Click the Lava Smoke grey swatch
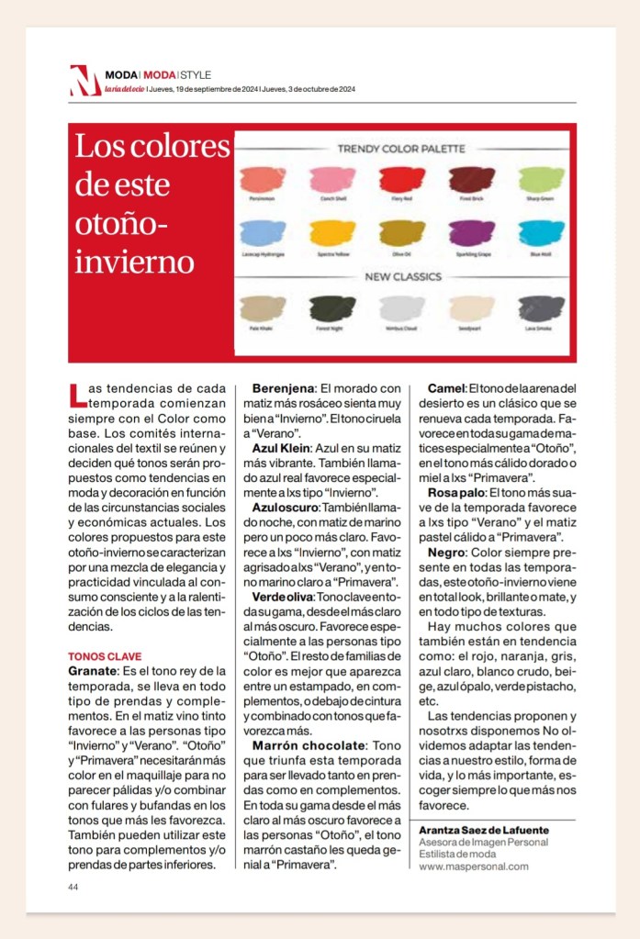coord(542,307)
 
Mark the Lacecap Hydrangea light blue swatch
coord(262,232)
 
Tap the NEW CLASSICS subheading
coord(403,275)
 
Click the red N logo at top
coord(84,80)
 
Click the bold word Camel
coord(446,388)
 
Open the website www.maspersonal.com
coord(474,866)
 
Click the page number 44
coord(73,887)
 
